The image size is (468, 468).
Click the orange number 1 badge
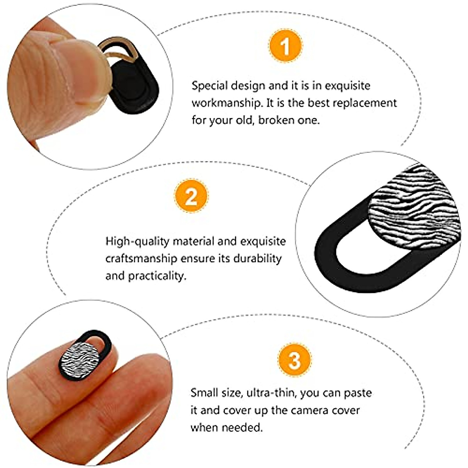[285, 46]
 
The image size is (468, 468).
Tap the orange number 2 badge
[191, 197]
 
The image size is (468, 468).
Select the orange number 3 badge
[294, 360]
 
